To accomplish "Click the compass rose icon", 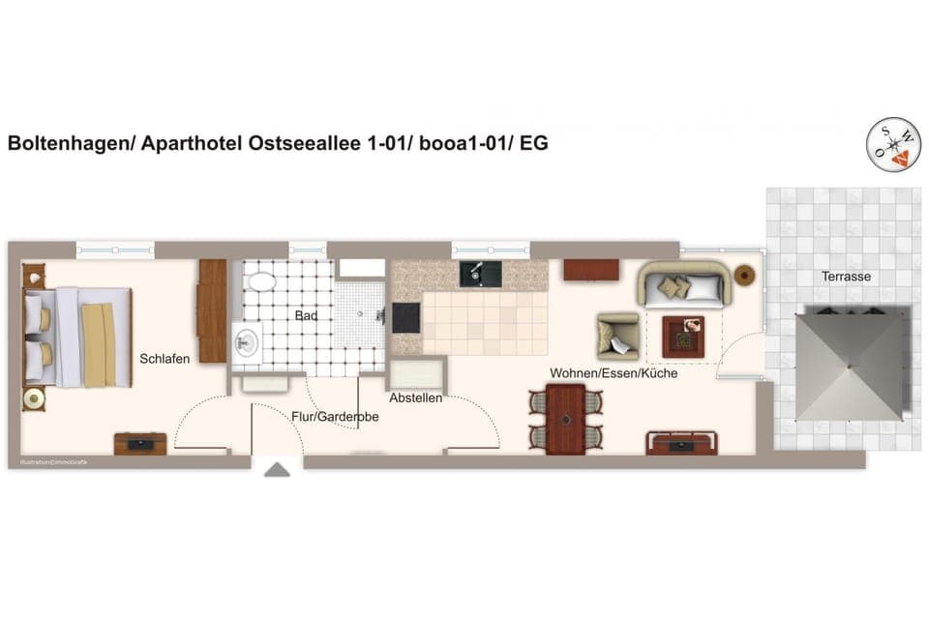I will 892,144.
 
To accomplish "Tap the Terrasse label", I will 847,277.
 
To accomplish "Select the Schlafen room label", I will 165,358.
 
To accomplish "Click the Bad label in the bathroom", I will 307,315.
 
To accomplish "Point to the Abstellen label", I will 416,398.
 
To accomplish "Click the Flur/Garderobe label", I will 335,417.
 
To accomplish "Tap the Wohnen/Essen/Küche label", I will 614,373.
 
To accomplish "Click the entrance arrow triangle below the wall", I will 278,470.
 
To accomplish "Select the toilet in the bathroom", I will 261,281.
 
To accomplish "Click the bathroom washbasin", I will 247,340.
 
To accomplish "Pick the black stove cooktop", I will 406,317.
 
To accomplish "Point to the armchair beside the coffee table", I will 615,335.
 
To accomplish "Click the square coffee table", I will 683,337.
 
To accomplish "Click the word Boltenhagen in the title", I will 68,144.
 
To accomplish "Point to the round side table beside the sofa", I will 745,276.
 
